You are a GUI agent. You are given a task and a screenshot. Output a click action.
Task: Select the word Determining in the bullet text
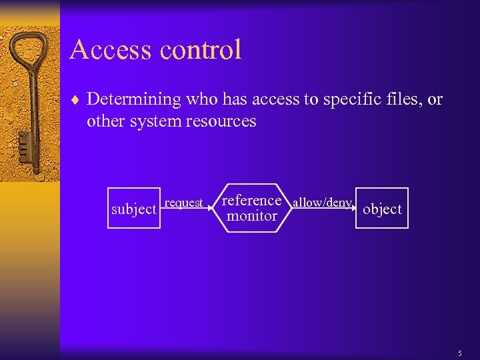tap(134, 100)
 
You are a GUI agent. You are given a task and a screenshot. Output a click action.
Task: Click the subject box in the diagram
tap(133, 209)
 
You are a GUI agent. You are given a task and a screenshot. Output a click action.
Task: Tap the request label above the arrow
tap(184, 203)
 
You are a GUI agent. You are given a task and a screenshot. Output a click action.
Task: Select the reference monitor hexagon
tap(251, 207)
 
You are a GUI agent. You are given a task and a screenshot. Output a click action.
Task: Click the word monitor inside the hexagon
tap(251, 216)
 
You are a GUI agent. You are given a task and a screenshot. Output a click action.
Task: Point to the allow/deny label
tap(322, 203)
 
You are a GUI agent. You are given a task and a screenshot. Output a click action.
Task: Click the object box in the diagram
tap(382, 209)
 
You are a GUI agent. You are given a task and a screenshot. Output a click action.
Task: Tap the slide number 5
tap(459, 353)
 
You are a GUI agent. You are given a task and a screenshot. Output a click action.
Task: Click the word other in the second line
tap(103, 121)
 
